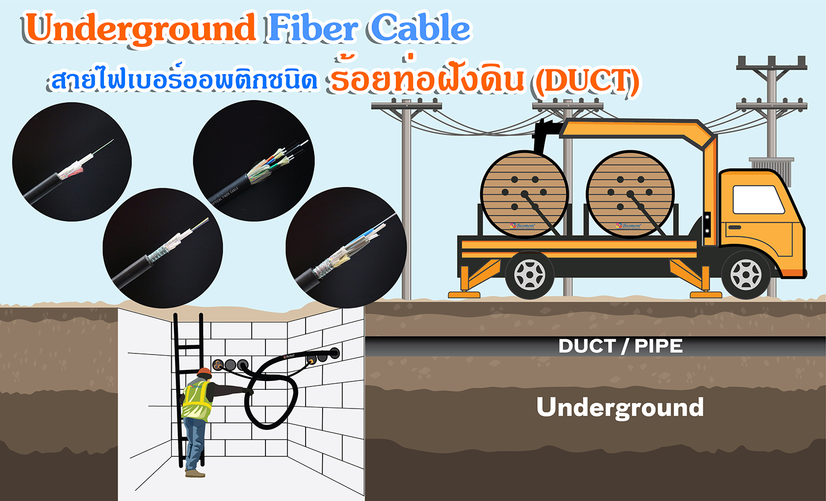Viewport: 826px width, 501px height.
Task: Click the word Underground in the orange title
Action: pyautogui.click(x=140, y=29)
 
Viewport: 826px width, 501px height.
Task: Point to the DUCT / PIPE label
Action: pyautogui.click(x=620, y=346)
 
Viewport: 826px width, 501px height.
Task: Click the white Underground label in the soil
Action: pyautogui.click(x=620, y=407)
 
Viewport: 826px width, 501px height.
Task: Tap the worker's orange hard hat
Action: pyautogui.click(x=204, y=373)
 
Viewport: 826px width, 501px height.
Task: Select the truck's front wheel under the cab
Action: pyautogui.click(x=746, y=274)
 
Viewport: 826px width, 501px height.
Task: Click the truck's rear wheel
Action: pyautogui.click(x=529, y=274)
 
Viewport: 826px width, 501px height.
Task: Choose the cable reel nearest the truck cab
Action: pyautogui.click(x=629, y=194)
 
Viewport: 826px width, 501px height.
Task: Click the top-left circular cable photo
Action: pyautogui.click(x=72, y=162)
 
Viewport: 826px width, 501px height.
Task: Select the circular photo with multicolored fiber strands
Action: pyautogui.click(x=254, y=161)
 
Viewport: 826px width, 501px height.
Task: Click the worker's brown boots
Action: pyautogui.click(x=195, y=472)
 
